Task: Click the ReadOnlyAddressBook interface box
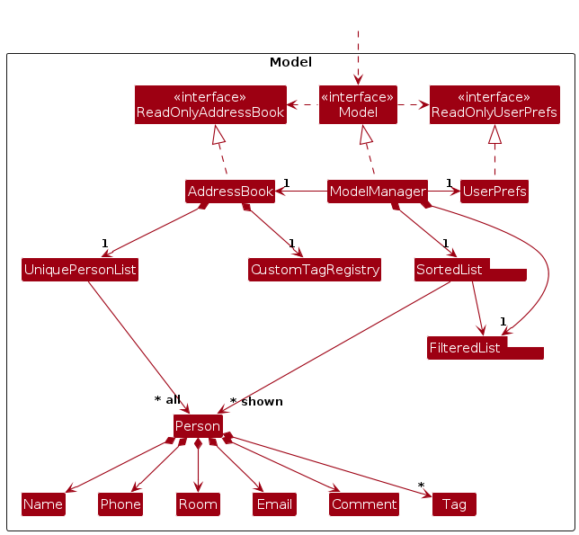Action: (x=210, y=104)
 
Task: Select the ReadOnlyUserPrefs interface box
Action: (x=494, y=104)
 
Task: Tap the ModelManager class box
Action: (x=377, y=192)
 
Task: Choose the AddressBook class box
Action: (x=229, y=192)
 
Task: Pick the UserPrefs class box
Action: (x=494, y=192)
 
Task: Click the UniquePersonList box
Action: (x=80, y=270)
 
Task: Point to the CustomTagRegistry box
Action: (x=315, y=270)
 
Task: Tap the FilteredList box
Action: (x=467, y=348)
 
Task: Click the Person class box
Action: (x=198, y=426)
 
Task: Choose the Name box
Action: (x=43, y=504)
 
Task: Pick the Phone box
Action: (x=120, y=504)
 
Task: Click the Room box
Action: (x=198, y=504)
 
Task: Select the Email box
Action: (x=274, y=504)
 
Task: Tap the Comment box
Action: (x=364, y=504)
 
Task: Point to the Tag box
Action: (x=454, y=504)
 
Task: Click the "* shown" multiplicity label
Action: (x=256, y=402)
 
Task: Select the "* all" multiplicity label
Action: (x=167, y=399)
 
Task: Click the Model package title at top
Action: (x=290, y=62)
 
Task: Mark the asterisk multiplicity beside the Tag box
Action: (x=421, y=486)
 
